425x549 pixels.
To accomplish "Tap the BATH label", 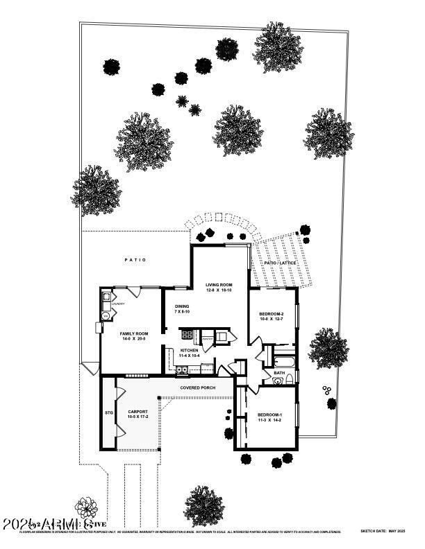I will pyautogui.click(x=279, y=373).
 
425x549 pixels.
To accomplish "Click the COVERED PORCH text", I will pyautogui.click(x=198, y=387).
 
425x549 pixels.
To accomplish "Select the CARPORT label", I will pyautogui.click(x=138, y=414).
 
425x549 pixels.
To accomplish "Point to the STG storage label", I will pyautogui.click(x=108, y=413).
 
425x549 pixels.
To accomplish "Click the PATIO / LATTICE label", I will pyautogui.click(x=281, y=263).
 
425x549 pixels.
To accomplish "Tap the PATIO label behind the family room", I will pyautogui.click(x=135, y=260).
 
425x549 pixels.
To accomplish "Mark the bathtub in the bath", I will pyautogui.click(x=284, y=361).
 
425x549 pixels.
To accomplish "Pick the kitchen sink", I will pyautogui.click(x=181, y=370).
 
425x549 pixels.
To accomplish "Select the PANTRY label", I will pyautogui.click(x=206, y=339).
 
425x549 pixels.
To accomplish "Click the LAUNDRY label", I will pyautogui.click(x=119, y=304).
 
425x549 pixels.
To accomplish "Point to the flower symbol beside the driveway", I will pyautogui.click(x=86, y=507).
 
